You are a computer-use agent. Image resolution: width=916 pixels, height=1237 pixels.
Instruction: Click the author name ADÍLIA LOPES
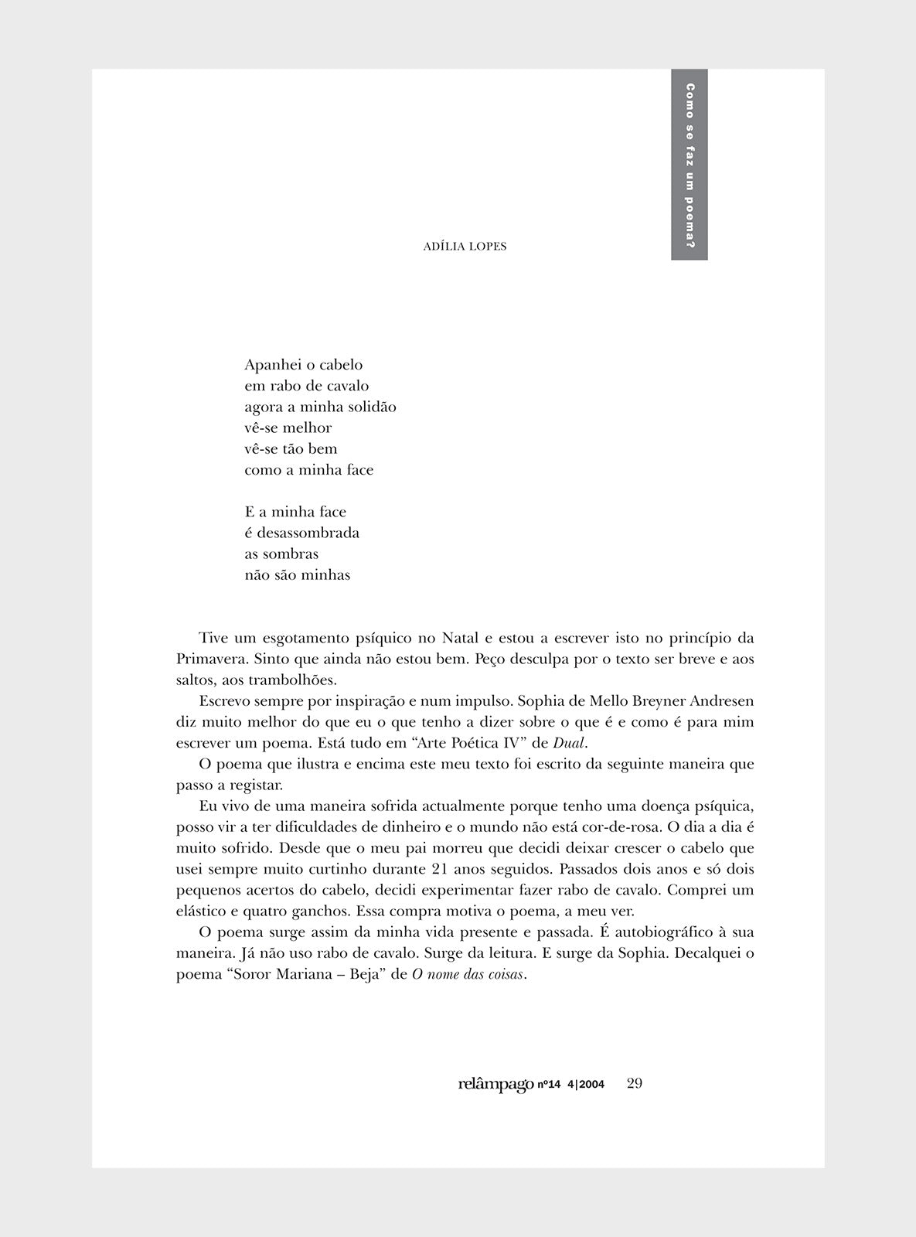point(465,247)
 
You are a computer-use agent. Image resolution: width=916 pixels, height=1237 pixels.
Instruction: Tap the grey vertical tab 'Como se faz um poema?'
point(690,165)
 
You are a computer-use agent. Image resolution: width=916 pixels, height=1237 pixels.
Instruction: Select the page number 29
point(635,1083)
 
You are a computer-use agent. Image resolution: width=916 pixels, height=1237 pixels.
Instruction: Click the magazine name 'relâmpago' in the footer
point(495,1084)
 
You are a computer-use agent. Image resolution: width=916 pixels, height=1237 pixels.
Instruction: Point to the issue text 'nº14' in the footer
point(549,1085)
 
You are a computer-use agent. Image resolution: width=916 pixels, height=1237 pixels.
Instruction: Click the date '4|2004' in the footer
point(585,1085)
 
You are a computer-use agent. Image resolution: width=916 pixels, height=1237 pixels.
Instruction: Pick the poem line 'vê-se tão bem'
point(291,449)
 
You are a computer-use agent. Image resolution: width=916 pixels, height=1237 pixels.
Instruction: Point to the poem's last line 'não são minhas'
point(298,575)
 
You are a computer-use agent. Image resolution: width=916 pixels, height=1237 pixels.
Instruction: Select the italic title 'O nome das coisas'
point(468,975)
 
